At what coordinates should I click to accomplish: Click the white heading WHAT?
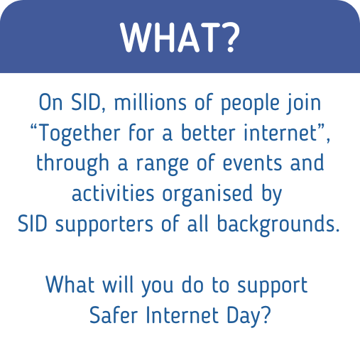tap(180, 38)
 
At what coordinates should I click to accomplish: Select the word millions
tap(151, 102)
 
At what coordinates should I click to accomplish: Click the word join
tap(304, 104)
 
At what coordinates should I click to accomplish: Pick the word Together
tap(79, 134)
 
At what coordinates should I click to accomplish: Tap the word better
tap(208, 132)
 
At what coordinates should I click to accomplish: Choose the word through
tap(72, 164)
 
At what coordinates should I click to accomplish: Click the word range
tap(163, 165)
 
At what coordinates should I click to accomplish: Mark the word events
tap(252, 163)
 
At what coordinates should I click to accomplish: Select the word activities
tap(113, 193)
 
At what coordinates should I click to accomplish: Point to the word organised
tap(207, 195)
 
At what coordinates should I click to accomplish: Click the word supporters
tap(104, 225)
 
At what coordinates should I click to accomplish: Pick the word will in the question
tap(118, 284)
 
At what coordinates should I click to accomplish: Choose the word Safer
tap(114, 315)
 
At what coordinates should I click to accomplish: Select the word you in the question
tap(158, 286)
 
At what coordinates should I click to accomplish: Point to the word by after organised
tap(271, 195)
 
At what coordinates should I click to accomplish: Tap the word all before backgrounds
tap(197, 223)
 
